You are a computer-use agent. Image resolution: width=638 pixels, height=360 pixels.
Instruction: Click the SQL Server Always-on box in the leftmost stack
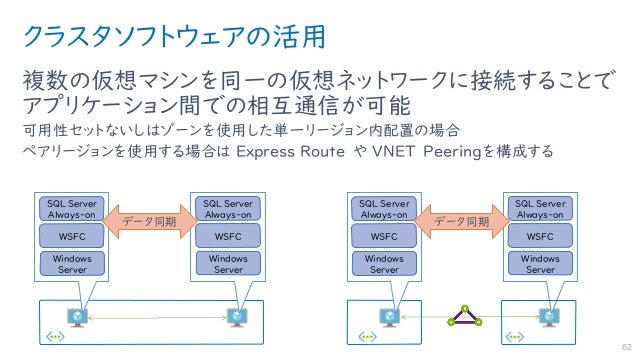[72, 208]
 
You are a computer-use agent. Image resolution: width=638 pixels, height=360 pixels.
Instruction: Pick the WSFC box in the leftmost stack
[72, 237]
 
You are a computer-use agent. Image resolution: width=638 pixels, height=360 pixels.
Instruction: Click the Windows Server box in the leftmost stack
[72, 264]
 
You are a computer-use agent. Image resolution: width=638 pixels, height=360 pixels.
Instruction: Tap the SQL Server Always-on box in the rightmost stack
[540, 208]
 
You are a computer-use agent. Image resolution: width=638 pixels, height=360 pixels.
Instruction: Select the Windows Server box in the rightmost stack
[540, 264]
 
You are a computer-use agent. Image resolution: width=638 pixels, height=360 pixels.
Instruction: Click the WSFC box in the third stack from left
[384, 237]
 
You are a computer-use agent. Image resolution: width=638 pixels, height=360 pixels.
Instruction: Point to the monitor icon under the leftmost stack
[77, 316]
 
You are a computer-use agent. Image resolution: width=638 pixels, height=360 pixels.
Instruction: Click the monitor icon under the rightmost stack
[547, 316]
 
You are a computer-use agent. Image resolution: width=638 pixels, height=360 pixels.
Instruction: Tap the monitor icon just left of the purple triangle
[388, 316]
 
